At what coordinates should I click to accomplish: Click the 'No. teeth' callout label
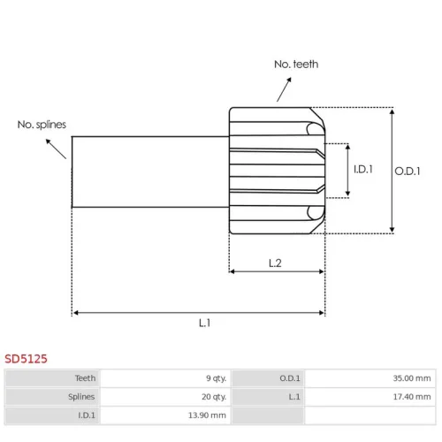pyautogui.click(x=296, y=65)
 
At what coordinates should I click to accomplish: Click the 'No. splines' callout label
pyautogui.click(x=42, y=125)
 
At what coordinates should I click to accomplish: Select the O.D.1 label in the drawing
pyautogui.click(x=408, y=171)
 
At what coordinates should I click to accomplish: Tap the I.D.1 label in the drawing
pyautogui.click(x=363, y=169)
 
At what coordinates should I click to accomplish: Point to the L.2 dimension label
pyautogui.click(x=275, y=263)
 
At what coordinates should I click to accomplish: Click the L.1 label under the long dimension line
pyautogui.click(x=204, y=323)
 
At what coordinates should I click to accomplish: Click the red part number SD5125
pyautogui.click(x=26, y=359)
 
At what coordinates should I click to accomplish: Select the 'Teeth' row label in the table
pyautogui.click(x=85, y=378)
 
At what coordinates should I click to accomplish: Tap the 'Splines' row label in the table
pyautogui.click(x=81, y=397)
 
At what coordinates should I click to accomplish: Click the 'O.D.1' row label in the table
pyautogui.click(x=290, y=378)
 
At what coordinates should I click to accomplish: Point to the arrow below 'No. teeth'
pyautogui.click(x=284, y=89)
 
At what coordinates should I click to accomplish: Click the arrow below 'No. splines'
pyautogui.click(x=56, y=149)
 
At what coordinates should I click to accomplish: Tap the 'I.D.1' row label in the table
pyautogui.click(x=87, y=415)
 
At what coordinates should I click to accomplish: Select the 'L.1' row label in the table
pyautogui.click(x=294, y=397)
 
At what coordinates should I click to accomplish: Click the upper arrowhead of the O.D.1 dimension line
pyautogui.click(x=392, y=112)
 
